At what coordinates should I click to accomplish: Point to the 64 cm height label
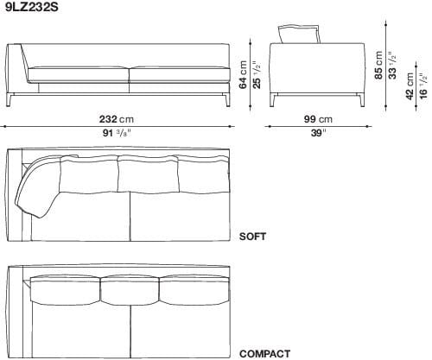244,74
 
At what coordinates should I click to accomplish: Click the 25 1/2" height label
256,74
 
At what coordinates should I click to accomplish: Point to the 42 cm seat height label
410,87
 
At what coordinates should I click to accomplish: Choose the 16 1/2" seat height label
422,87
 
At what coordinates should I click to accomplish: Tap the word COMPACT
264,353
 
